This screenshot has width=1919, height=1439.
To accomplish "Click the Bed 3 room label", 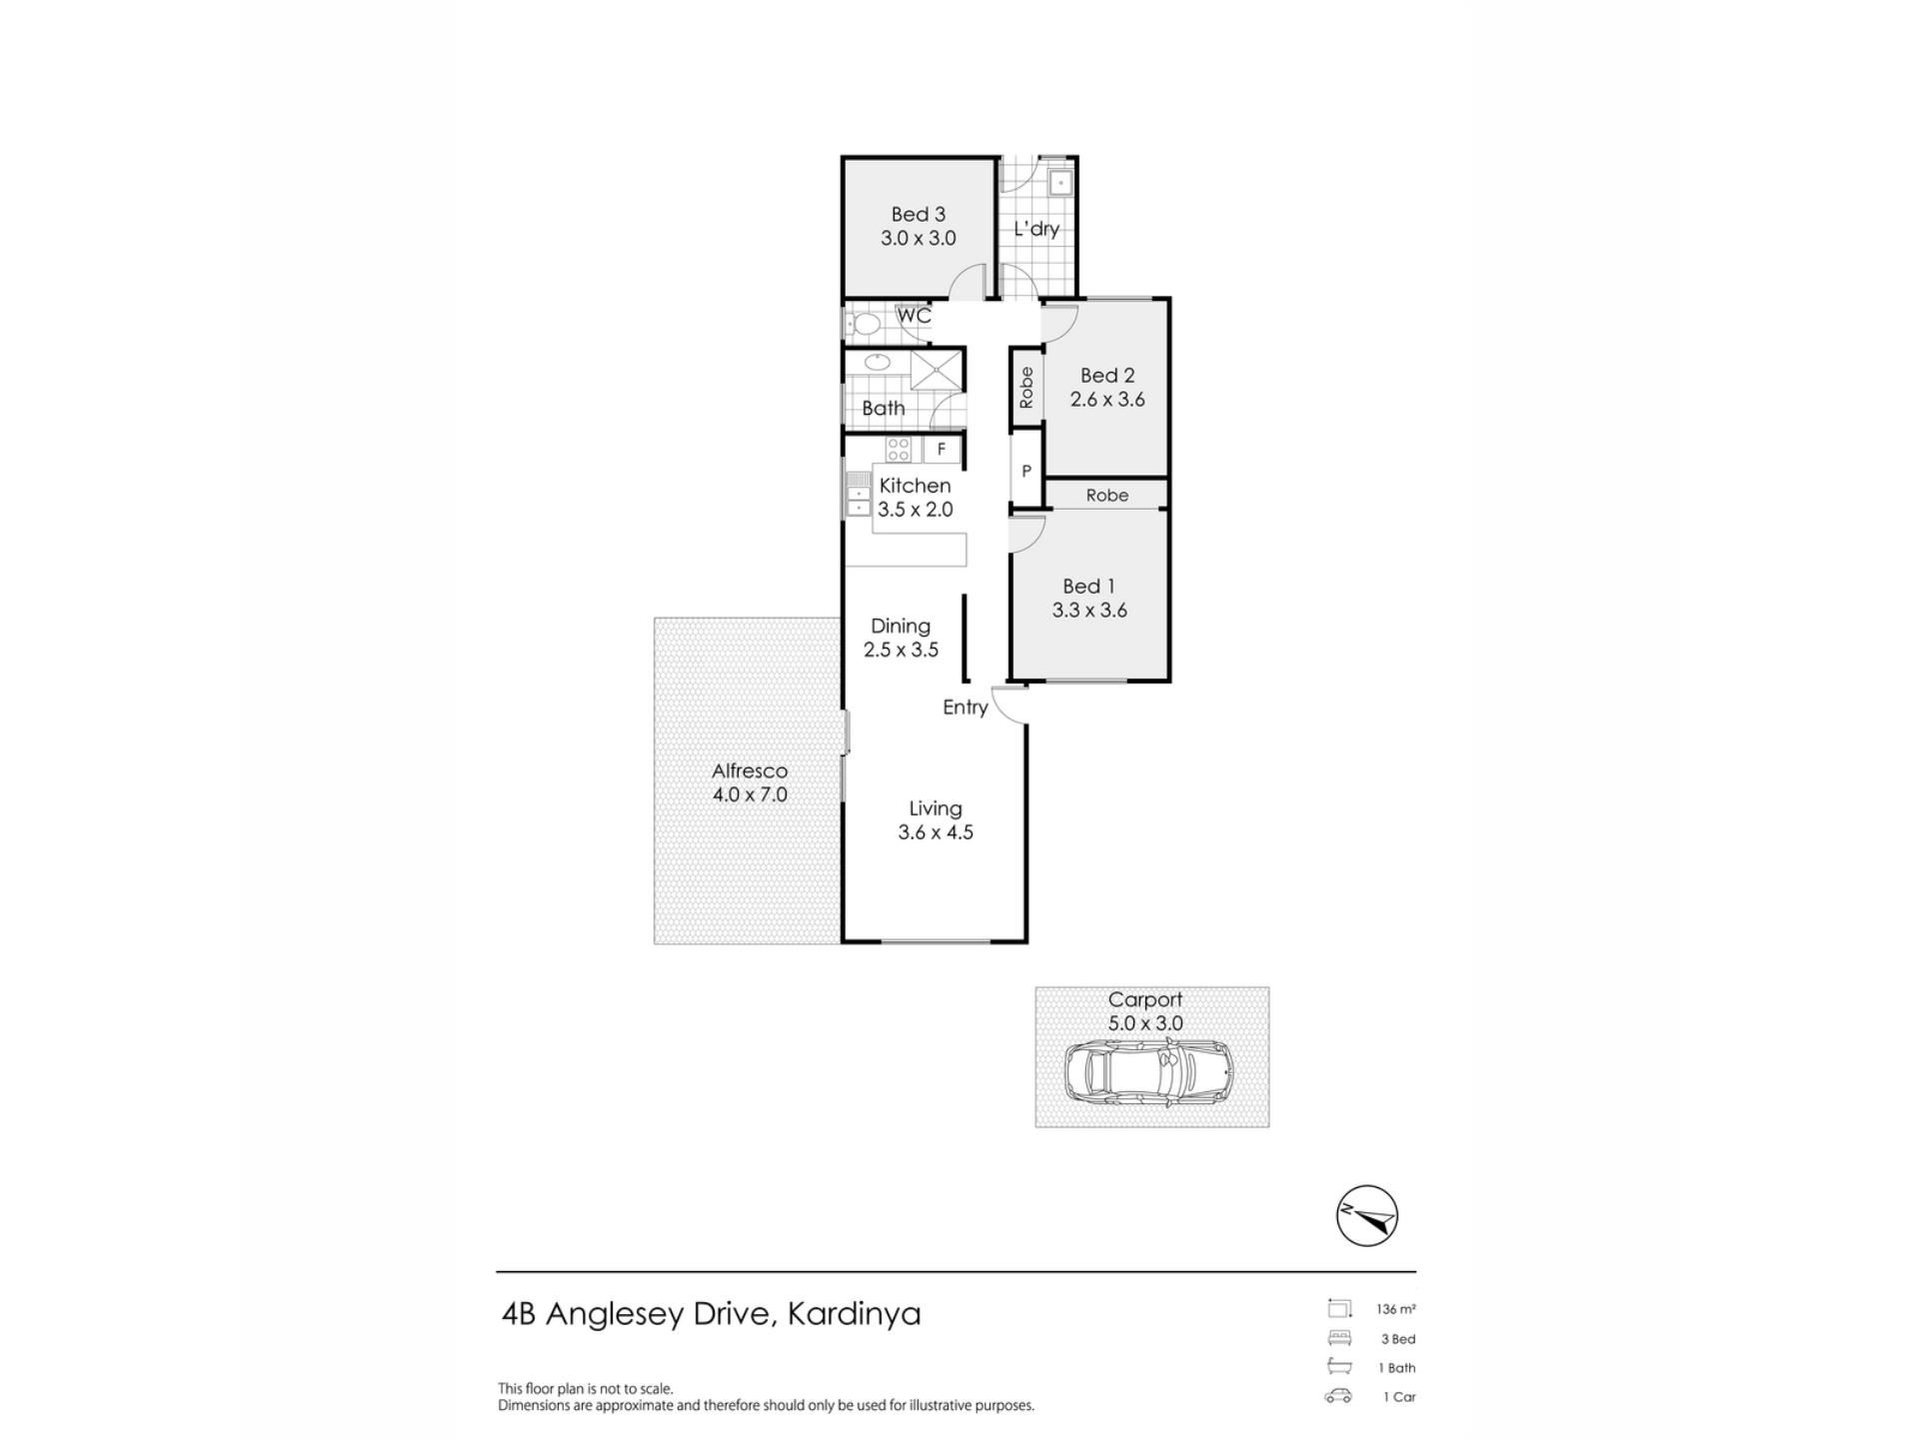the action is [x=918, y=215].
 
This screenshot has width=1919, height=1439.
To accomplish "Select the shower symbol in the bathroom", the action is [x=936, y=370].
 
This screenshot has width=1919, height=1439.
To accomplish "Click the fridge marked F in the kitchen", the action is [x=942, y=450].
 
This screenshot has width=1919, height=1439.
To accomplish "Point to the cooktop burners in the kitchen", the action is [x=899, y=450].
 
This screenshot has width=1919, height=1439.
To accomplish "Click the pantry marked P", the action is [x=1025, y=471].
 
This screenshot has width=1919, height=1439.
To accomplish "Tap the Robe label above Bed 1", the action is [x=1107, y=495].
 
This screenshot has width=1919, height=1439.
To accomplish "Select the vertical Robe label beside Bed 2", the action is [x=1026, y=388].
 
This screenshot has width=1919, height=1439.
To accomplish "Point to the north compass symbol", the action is [x=1366, y=1216].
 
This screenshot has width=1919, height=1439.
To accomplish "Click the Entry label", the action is [x=965, y=708].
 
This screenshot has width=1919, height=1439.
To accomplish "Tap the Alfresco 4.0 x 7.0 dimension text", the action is [x=750, y=795].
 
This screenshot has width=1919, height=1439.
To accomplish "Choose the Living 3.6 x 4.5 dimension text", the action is [x=936, y=832].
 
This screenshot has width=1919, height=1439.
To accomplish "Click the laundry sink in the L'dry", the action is [x=1059, y=183].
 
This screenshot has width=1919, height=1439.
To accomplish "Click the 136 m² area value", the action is [x=1396, y=1309].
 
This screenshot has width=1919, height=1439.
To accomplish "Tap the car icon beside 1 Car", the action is [x=1338, y=1396].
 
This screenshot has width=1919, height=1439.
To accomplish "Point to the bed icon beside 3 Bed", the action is [x=1339, y=1338].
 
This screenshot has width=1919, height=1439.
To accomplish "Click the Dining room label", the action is [x=901, y=627].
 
